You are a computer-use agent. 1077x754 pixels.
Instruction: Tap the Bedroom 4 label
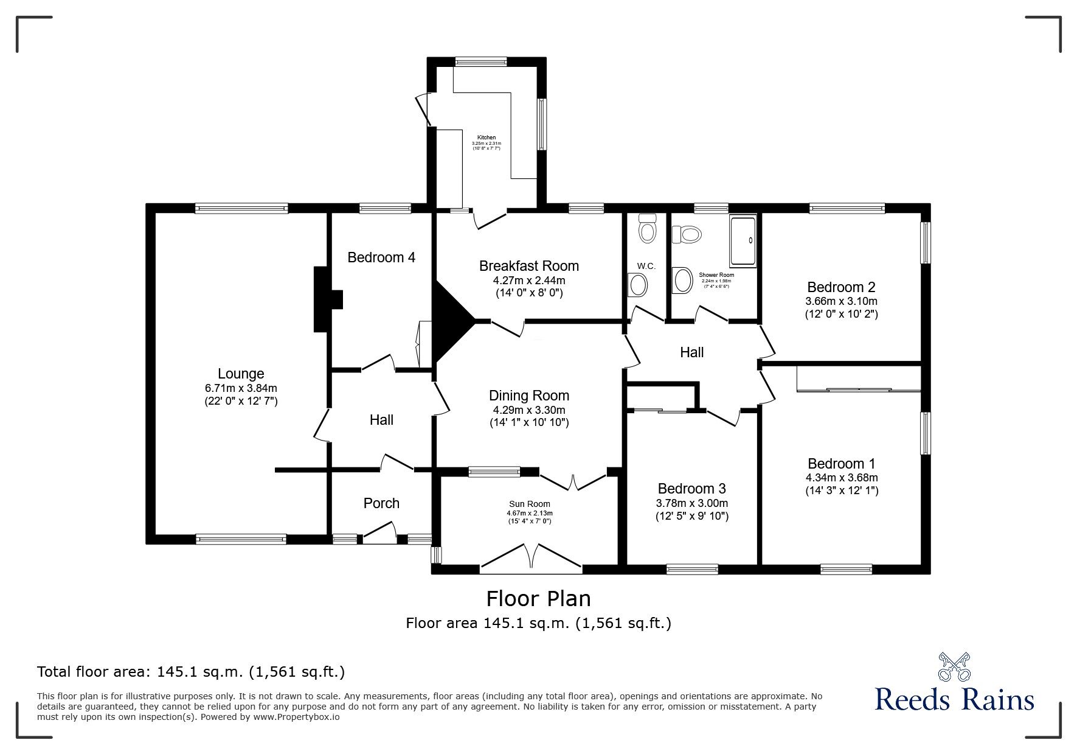coord(381,257)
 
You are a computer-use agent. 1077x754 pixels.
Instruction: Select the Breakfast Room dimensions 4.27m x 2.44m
coord(528,281)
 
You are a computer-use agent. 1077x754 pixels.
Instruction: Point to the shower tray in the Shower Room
coord(743,240)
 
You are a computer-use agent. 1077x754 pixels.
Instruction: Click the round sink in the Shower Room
coord(683,281)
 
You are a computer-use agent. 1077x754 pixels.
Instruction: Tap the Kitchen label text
coord(486,138)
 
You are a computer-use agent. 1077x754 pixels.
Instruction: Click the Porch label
coord(381,503)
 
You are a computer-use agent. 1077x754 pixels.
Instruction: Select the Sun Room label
coord(529,504)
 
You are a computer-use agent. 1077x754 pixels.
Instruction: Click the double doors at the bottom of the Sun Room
coord(530,559)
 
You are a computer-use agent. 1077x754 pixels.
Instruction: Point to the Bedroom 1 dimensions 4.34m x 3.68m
coord(842,478)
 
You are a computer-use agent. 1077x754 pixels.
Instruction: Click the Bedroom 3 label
coord(691,489)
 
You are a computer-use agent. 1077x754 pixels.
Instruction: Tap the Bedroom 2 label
coord(841,287)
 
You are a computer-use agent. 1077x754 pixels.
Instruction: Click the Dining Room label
coord(529,396)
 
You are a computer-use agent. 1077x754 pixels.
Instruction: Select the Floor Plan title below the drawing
coord(538,599)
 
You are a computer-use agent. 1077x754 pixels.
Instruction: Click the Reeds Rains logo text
coord(954,700)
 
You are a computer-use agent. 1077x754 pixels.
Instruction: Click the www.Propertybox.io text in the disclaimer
coord(296,717)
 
